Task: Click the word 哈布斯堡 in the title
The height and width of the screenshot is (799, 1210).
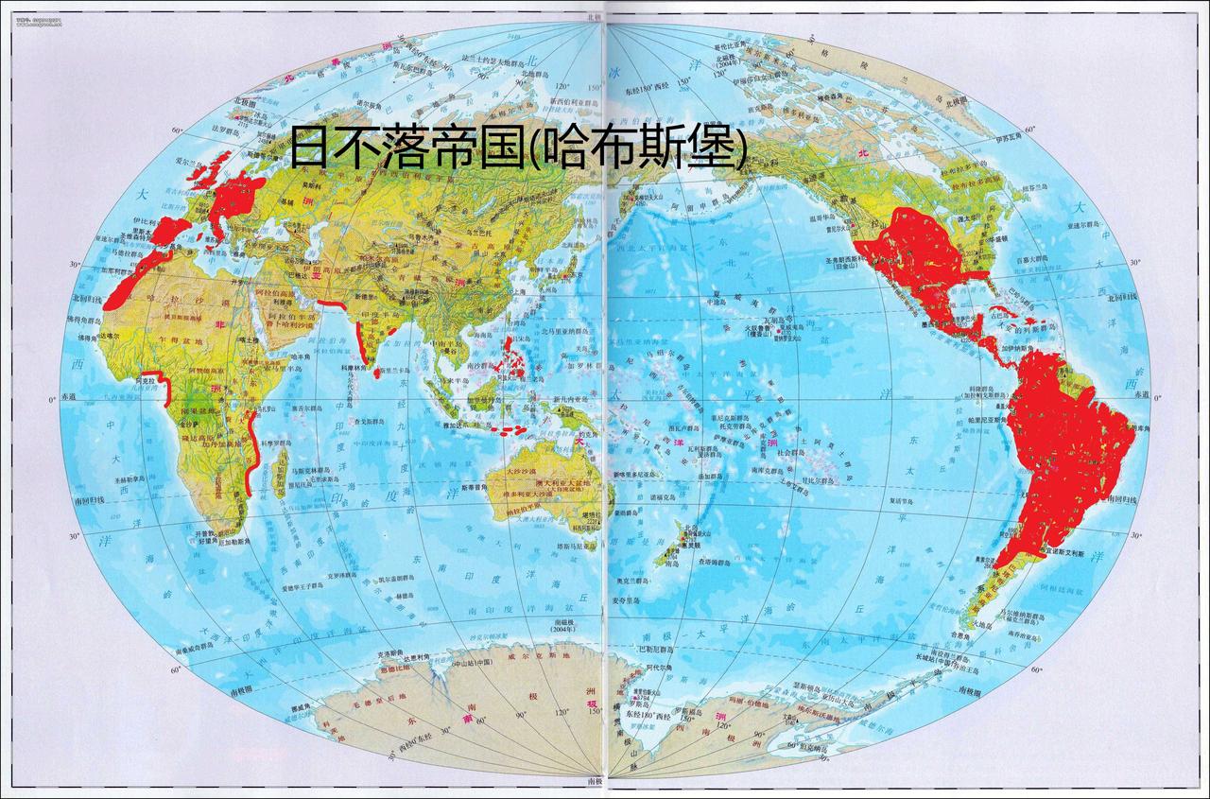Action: click(x=636, y=149)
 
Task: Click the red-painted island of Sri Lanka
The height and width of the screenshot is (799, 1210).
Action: click(x=378, y=373)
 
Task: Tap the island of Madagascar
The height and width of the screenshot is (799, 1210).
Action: click(x=280, y=474)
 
